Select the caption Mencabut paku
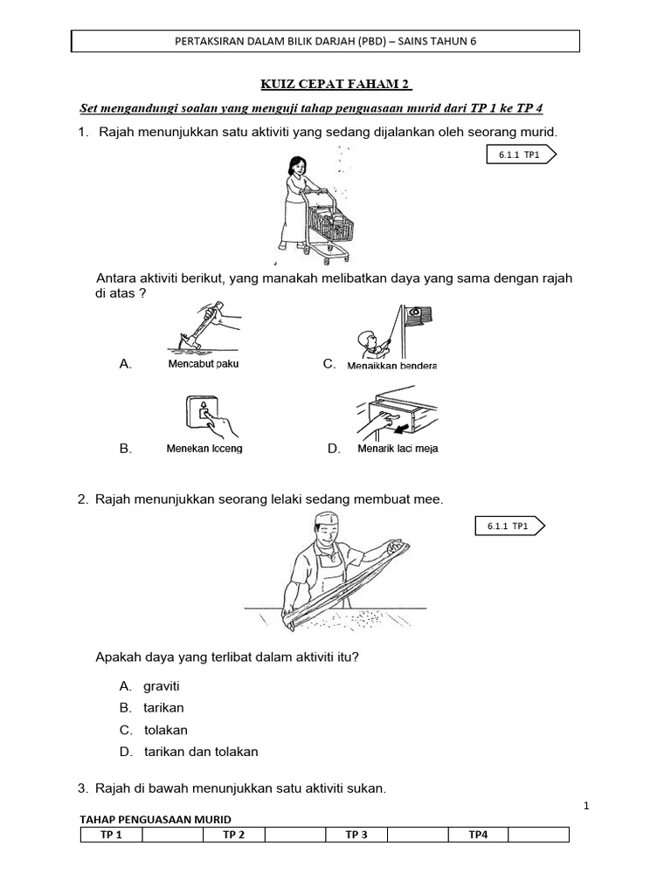coord(203,364)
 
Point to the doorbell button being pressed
coord(204,414)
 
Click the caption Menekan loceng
coord(204,449)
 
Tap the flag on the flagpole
coord(419,317)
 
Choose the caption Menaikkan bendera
coord(391,365)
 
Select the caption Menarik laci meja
coord(398,449)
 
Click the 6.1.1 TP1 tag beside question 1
coord(520,155)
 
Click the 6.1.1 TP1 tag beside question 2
coord(511,526)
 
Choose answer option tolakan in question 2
coord(165,730)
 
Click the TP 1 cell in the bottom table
coord(111,835)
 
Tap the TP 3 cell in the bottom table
coord(356,835)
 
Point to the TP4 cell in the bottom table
coord(478,835)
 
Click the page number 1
coord(586,806)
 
